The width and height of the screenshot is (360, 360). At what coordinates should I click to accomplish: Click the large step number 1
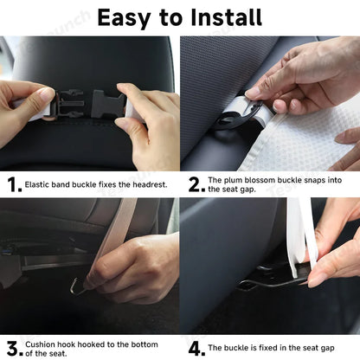point(12,183)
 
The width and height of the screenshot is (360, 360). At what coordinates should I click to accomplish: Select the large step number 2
point(194,183)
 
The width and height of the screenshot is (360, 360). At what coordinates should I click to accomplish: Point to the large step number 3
point(12,347)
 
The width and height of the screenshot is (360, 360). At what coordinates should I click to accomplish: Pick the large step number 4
point(195,347)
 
